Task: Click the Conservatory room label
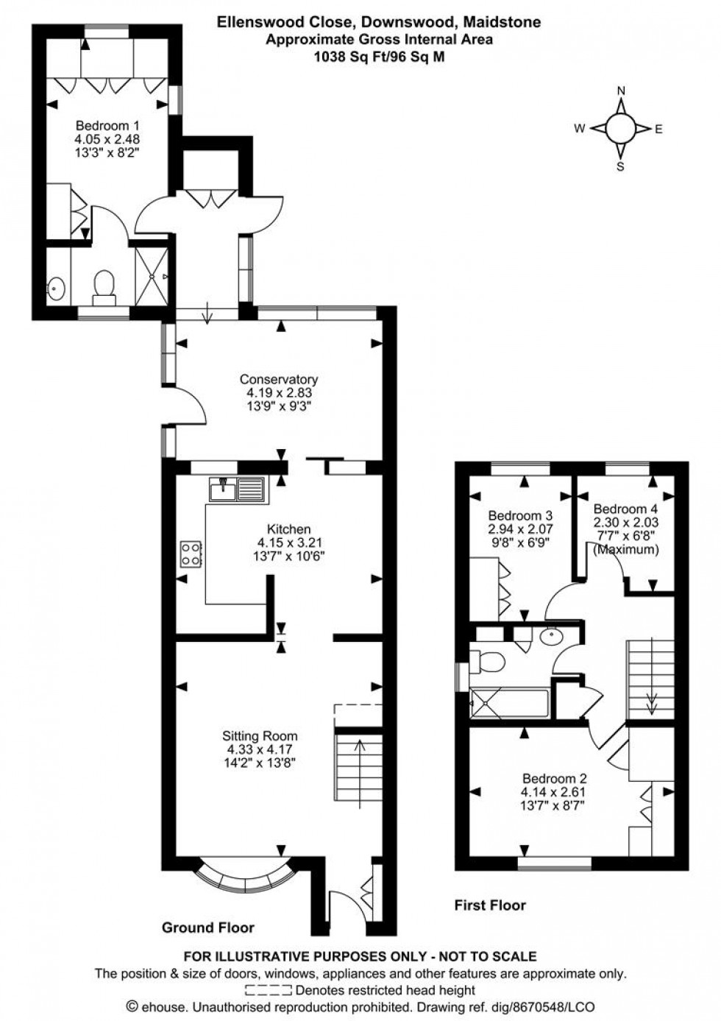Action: click(x=278, y=380)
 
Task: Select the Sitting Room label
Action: click(x=260, y=735)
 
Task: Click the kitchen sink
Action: click(x=237, y=489)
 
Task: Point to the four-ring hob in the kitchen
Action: click(x=191, y=554)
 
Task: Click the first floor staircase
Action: click(x=650, y=679)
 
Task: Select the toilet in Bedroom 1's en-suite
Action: click(x=104, y=284)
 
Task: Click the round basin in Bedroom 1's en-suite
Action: click(x=56, y=288)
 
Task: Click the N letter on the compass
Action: click(x=620, y=91)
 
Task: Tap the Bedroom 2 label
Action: click(x=554, y=779)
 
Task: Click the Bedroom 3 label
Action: click(x=520, y=516)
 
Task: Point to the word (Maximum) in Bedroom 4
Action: click(x=625, y=549)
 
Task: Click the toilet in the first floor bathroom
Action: click(x=488, y=662)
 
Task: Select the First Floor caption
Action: click(x=489, y=905)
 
